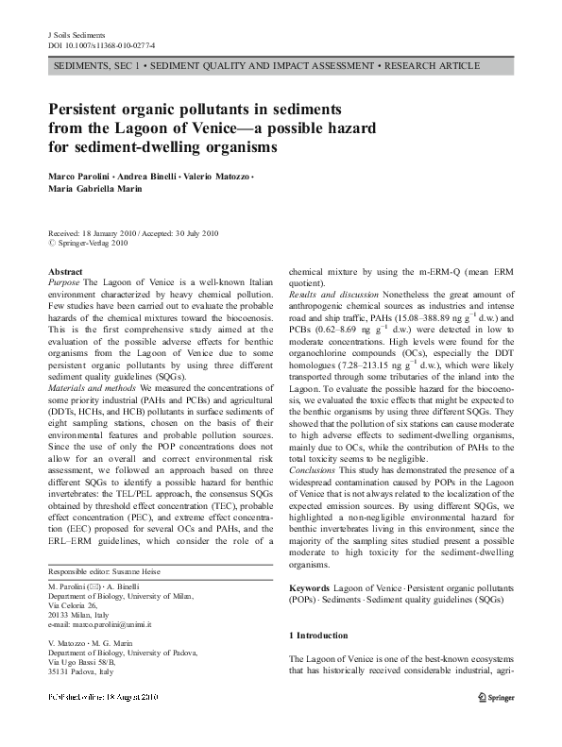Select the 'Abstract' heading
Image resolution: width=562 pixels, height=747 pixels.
click(65, 272)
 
